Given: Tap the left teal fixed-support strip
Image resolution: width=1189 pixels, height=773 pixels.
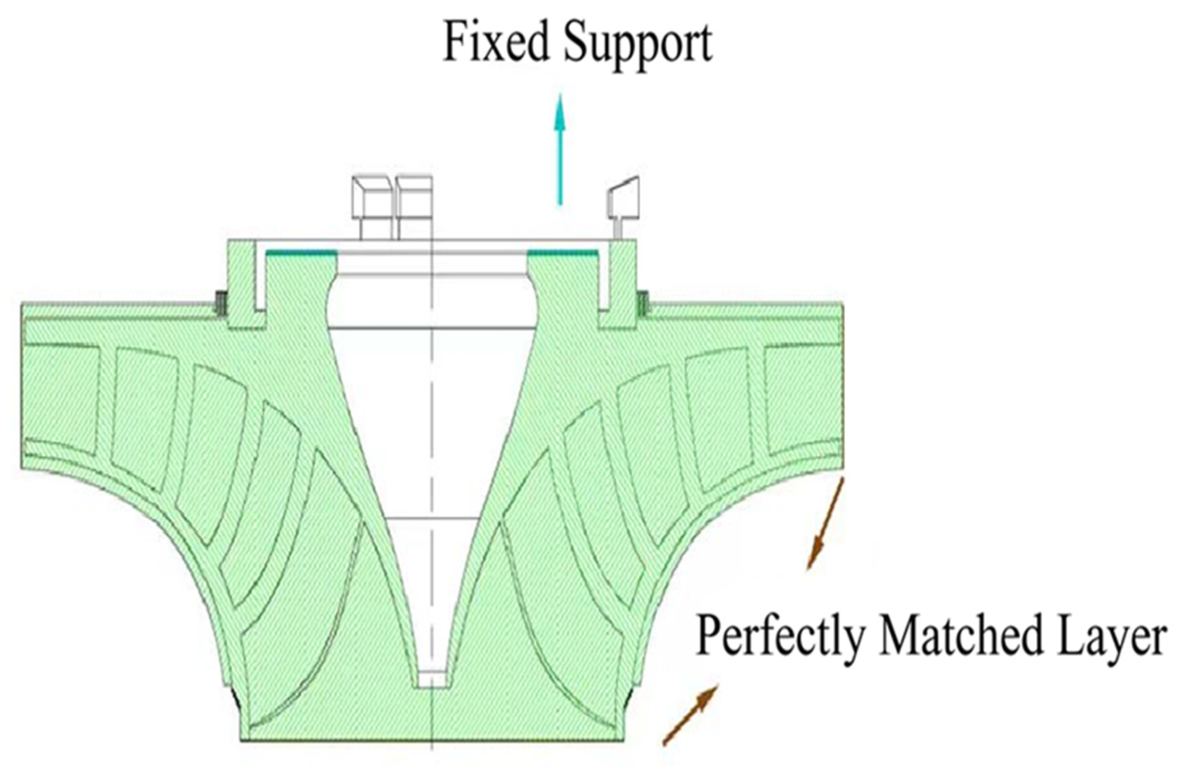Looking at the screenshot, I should [301, 253].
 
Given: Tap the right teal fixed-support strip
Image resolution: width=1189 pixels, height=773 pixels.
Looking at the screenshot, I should [562, 253].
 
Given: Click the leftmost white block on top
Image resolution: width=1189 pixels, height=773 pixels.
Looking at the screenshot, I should [372, 207].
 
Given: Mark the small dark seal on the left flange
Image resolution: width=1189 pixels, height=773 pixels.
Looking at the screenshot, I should [221, 303].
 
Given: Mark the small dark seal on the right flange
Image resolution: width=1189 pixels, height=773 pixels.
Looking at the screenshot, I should [643, 303].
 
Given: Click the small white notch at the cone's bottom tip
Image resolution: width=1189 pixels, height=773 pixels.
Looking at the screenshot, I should [432, 679].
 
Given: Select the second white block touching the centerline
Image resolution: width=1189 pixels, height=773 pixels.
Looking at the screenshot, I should [413, 207].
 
